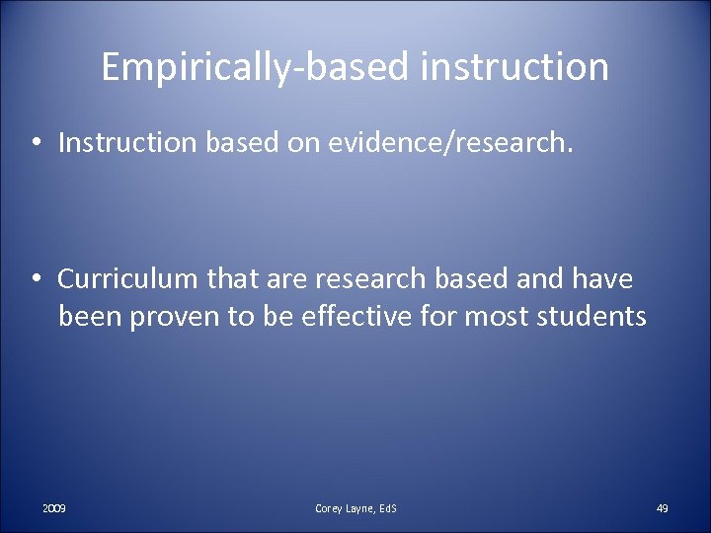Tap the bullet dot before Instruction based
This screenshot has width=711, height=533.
pos(36,144)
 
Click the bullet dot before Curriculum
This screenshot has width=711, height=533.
pos(36,280)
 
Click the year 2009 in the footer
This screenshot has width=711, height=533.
pos(54,507)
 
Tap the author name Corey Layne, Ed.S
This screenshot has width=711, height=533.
pos(355,507)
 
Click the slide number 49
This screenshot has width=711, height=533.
pos(663,507)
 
